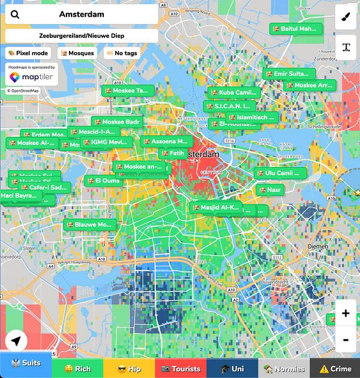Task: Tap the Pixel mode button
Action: click(x=28, y=53)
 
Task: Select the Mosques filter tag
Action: click(x=77, y=53)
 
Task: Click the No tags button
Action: click(x=122, y=53)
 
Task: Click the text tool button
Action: click(x=346, y=47)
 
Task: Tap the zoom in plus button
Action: click(x=346, y=313)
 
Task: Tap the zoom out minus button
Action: click(x=346, y=340)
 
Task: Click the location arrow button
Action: click(x=17, y=341)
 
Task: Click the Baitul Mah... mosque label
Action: click(x=296, y=28)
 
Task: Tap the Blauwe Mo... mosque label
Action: click(x=89, y=224)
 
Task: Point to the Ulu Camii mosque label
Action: click(x=281, y=173)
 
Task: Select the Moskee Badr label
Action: click(x=118, y=122)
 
